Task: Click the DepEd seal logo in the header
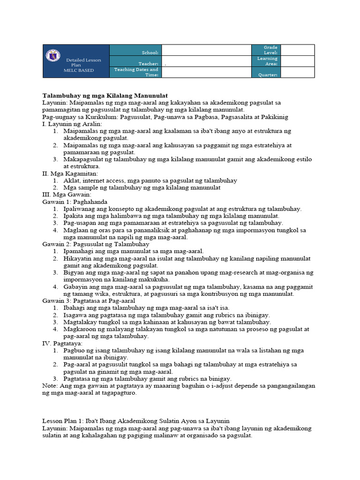(x=52, y=56)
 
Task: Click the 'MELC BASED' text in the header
(x=79, y=70)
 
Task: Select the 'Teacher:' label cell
(x=149, y=64)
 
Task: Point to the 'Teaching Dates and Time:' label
(x=136, y=72)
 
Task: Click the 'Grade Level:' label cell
(x=270, y=50)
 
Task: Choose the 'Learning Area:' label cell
(x=267, y=61)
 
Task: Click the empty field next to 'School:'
(x=206, y=50)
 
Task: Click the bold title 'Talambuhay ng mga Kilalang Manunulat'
(x=105, y=95)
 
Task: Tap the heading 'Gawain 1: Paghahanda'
(x=75, y=202)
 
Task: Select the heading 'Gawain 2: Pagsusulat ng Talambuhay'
(x=96, y=244)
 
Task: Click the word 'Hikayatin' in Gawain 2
(x=78, y=258)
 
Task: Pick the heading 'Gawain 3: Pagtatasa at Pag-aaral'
(x=89, y=300)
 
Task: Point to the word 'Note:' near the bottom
(x=50, y=385)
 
